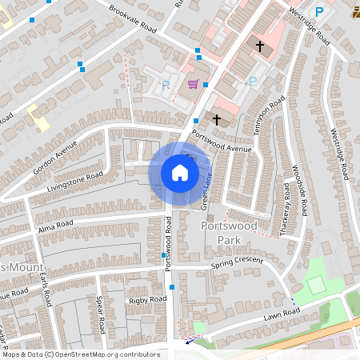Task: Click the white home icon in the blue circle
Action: pos(179,173)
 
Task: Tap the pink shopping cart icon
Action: pos(193,83)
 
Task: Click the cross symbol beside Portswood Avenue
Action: pos(216,119)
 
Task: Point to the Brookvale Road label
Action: pos(134,17)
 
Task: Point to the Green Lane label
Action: pos(205,194)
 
